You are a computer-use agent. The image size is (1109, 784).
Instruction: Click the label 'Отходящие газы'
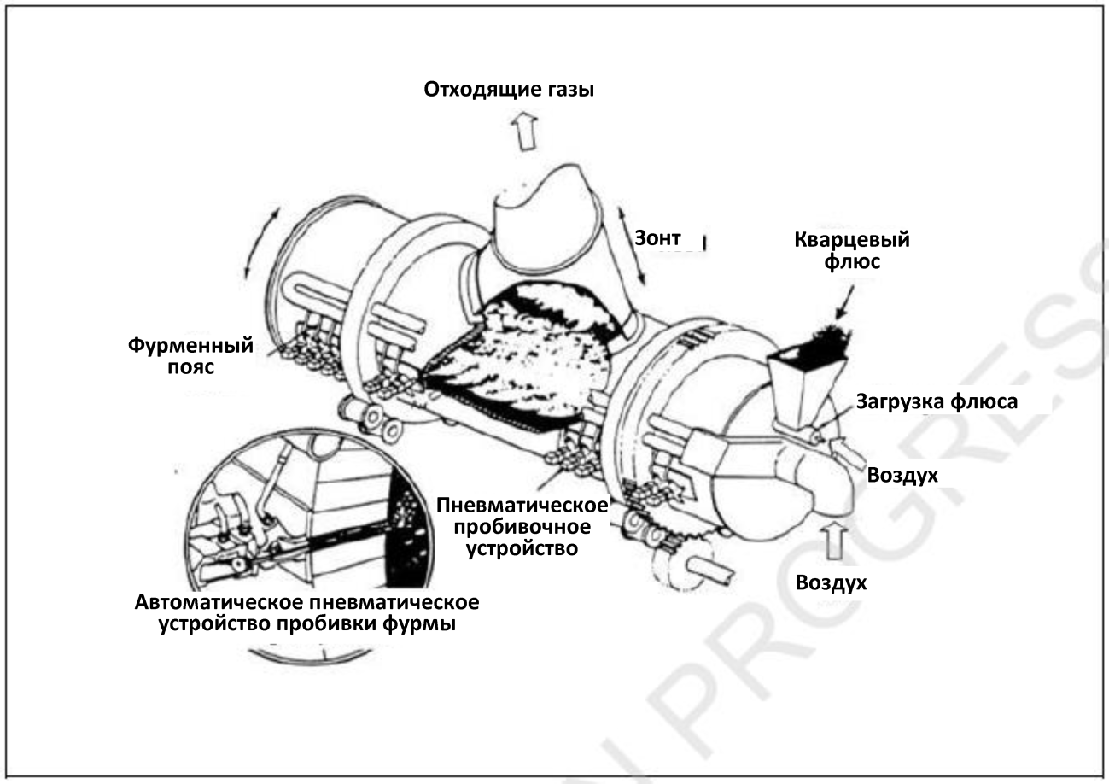[x=509, y=89]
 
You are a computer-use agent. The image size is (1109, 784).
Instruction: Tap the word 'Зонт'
[x=657, y=238]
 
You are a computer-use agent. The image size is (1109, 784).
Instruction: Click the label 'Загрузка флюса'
[x=937, y=401]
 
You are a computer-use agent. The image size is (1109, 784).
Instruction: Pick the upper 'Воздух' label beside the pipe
[x=902, y=475]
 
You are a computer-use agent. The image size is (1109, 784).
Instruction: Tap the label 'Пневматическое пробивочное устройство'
[x=522, y=524]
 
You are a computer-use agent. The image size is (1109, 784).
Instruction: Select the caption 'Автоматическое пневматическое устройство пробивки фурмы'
[x=306, y=612]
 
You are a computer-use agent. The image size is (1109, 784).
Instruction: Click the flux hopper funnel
[x=803, y=381]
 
